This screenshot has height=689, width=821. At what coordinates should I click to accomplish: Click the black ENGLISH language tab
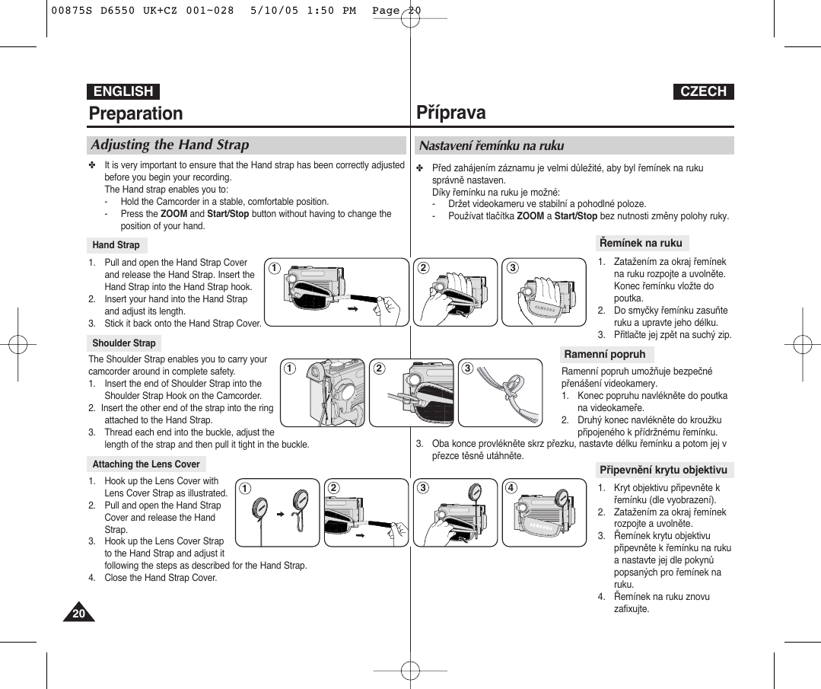coord(123,91)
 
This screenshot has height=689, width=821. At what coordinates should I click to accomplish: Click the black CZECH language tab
coord(703,91)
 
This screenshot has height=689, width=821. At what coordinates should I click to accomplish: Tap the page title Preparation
coord(136,113)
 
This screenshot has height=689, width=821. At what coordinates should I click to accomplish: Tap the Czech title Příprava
coord(451,113)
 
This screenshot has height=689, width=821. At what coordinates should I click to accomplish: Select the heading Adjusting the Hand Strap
coord(170,145)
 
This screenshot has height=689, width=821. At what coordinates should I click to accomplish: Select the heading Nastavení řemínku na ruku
coord(492,145)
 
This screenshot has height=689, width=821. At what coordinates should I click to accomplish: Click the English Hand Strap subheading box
coord(116,245)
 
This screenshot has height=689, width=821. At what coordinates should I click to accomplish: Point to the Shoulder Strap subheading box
coord(124,343)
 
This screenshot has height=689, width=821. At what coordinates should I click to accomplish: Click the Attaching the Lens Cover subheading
coord(146,464)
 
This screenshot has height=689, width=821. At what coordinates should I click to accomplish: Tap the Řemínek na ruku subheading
coord(641,243)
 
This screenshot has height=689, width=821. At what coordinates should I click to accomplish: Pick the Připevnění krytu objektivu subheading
coord(663,470)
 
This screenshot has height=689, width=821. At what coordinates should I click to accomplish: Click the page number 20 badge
coord(78,613)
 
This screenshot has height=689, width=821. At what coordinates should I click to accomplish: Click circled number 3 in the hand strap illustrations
coord(513,267)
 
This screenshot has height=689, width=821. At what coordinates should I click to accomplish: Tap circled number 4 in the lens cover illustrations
coord(511,488)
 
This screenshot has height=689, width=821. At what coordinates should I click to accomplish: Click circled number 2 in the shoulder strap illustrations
coord(378,368)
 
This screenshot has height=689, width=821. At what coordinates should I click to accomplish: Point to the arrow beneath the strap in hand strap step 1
coord(352,311)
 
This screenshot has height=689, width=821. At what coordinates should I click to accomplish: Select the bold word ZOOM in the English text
coord(174,214)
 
